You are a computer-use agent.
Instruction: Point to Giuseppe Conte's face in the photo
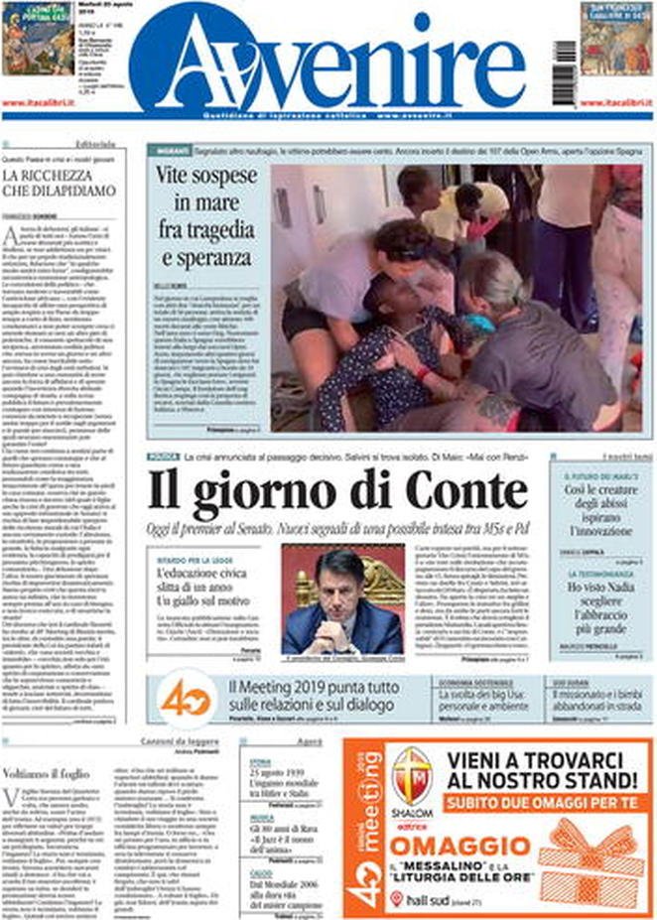[340, 585]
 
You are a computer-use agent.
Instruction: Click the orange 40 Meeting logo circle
[186, 698]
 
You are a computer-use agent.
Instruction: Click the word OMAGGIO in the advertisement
[461, 846]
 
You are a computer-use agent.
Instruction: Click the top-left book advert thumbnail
[37, 38]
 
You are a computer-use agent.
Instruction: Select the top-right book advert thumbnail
[616, 38]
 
